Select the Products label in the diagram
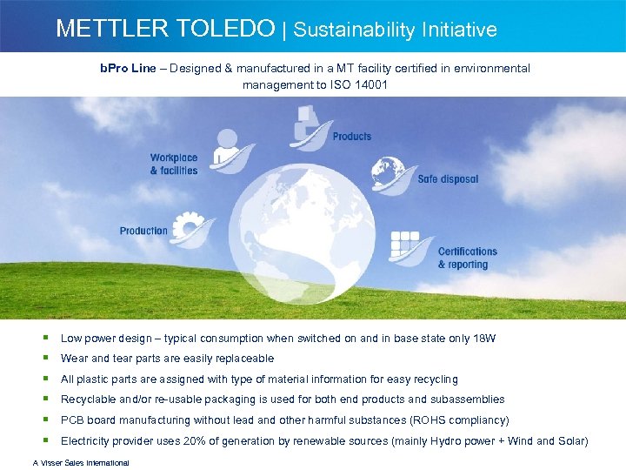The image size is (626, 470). [x=351, y=137]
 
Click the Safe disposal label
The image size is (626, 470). [x=448, y=179]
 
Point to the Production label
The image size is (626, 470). [x=143, y=231]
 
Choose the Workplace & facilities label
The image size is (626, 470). [x=174, y=164]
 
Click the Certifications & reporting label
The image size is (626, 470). [x=468, y=258]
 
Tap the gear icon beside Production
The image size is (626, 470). [x=188, y=228]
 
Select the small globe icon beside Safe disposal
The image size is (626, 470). [x=388, y=170]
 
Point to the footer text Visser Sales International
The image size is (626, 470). [x=81, y=463]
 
